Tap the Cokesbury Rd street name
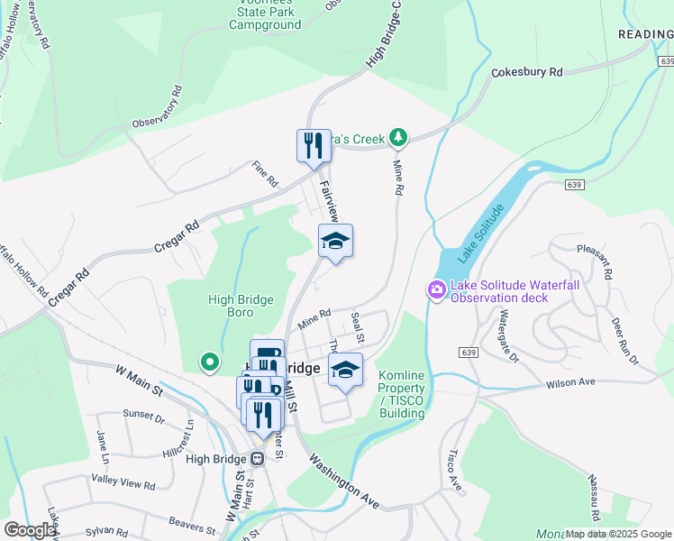pyautogui.click(x=526, y=72)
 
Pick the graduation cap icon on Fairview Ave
pyautogui.click(x=335, y=241)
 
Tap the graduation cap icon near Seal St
pyautogui.click(x=345, y=370)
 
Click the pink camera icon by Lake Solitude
pyautogui.click(x=436, y=289)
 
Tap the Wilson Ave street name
pyautogui.click(x=570, y=383)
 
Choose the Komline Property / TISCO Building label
pyautogui.click(x=401, y=394)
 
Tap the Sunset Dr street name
pyautogui.click(x=143, y=418)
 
